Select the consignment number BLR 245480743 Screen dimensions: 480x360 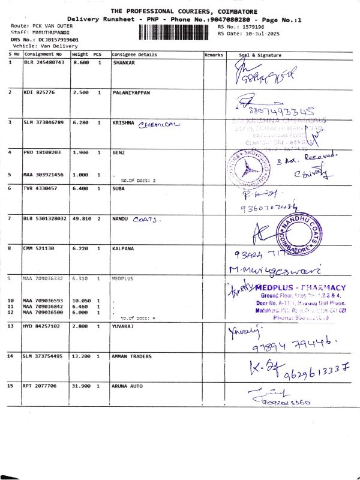pyautogui.click(x=44, y=62)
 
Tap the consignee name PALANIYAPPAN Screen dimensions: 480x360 pyautogui.click(x=131, y=93)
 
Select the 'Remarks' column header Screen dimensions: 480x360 pyautogui.click(x=214, y=55)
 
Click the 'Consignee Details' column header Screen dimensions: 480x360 pyautogui.click(x=134, y=55)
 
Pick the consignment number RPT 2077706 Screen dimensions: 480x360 pyautogui.click(x=41, y=386)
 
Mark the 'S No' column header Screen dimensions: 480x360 pyautogui.click(x=14, y=55)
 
